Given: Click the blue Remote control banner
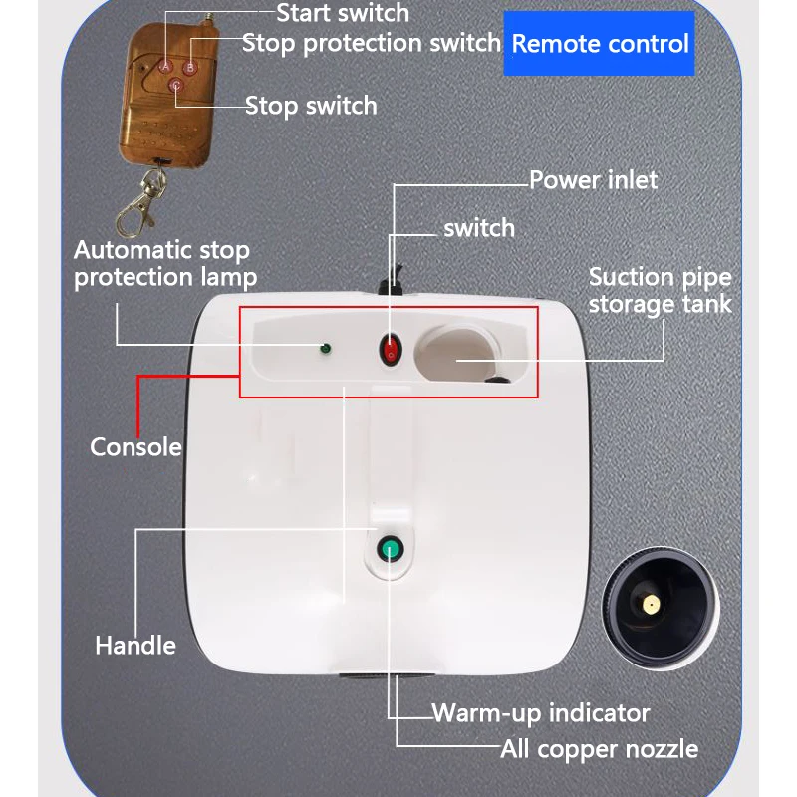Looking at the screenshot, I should point(600,44).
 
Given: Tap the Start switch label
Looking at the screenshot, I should point(342,13).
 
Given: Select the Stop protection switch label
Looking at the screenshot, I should point(372,43).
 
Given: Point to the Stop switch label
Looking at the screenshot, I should point(311,105).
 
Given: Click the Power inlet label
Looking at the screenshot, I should point(593,180).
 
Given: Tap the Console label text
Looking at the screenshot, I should point(135,446).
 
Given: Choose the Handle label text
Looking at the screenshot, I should point(135,646).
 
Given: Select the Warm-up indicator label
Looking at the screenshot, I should point(541,713).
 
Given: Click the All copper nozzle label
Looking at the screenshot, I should point(599,749).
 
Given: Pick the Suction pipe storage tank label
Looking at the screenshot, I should point(660,290).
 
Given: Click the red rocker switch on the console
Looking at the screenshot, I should point(390,350).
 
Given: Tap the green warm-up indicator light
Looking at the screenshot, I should point(389,548).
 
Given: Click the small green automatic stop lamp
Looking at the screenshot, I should point(323,349).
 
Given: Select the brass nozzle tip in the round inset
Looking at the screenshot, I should point(650,605).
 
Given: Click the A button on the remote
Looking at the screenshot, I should point(166,66).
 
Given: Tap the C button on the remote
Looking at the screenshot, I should point(177,86).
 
